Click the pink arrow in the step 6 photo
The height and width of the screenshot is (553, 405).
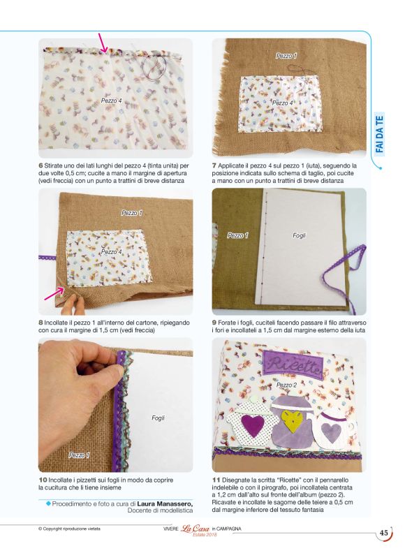(103, 43)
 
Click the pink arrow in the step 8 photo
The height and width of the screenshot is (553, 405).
(54, 294)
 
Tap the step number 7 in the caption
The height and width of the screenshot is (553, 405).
(214, 165)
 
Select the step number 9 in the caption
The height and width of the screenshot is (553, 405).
(214, 323)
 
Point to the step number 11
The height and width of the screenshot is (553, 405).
(216, 480)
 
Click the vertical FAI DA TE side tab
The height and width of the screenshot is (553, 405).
(380, 134)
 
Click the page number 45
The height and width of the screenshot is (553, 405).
(383, 533)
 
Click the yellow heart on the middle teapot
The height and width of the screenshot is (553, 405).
(292, 421)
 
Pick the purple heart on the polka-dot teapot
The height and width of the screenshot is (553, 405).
(253, 424)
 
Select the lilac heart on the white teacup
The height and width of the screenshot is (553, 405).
(332, 432)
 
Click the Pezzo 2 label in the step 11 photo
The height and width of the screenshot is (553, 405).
(286, 385)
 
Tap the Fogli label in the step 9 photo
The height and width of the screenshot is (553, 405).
(299, 235)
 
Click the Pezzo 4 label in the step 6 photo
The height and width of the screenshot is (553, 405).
(112, 101)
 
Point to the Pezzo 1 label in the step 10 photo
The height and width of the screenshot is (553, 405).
(79, 455)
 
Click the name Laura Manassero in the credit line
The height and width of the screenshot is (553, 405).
(165, 503)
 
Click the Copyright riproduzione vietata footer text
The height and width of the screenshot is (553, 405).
(69, 529)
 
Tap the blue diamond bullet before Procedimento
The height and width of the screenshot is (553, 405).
(49, 503)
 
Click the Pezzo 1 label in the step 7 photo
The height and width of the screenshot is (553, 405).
(286, 56)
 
